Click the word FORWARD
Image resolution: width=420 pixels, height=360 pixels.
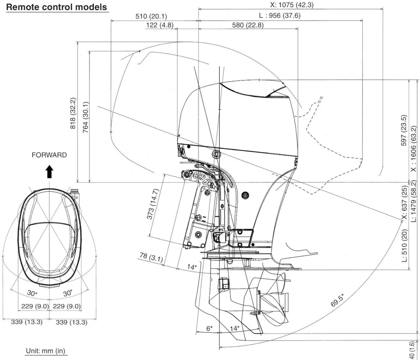[49, 155]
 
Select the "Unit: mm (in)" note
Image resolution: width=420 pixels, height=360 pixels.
[46, 351]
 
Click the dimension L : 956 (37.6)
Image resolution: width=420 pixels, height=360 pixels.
[279, 16]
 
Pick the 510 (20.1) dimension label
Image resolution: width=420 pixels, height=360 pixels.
[151, 16]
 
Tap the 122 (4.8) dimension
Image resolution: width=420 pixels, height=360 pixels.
[160, 25]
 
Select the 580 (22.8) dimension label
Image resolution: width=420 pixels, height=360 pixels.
[247, 25]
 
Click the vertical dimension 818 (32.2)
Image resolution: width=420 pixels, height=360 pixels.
[73, 114]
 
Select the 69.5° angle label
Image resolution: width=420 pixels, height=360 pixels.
[338, 300]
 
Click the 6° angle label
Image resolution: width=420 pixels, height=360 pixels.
[209, 328]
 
